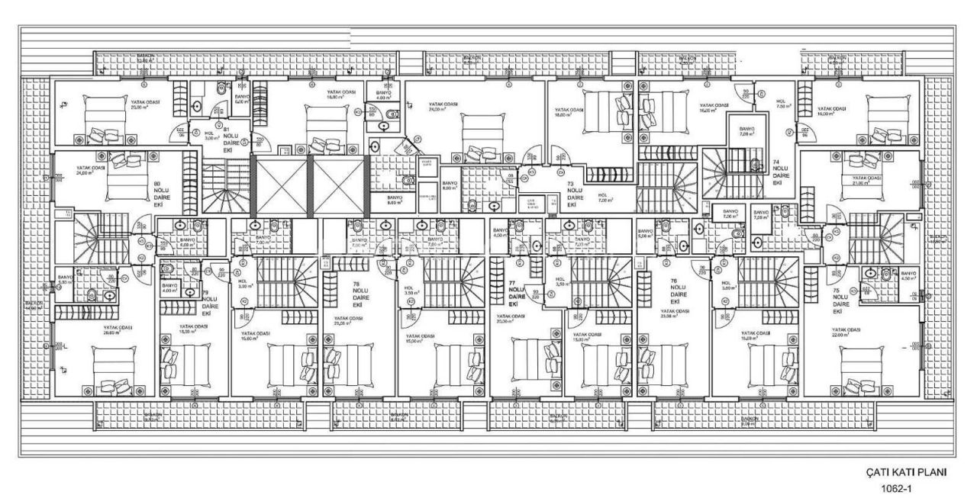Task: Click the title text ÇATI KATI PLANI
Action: [x=906, y=473]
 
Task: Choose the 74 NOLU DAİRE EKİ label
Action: [x=777, y=172]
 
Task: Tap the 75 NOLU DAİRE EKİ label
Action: [x=837, y=300]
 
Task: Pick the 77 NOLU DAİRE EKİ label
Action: [x=517, y=293]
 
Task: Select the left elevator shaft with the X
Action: [x=280, y=185]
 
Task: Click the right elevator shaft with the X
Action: [x=338, y=185]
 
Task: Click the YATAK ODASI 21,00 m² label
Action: [x=861, y=180]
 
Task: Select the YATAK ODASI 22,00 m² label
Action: [x=846, y=333]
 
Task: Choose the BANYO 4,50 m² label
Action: [x=908, y=276]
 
